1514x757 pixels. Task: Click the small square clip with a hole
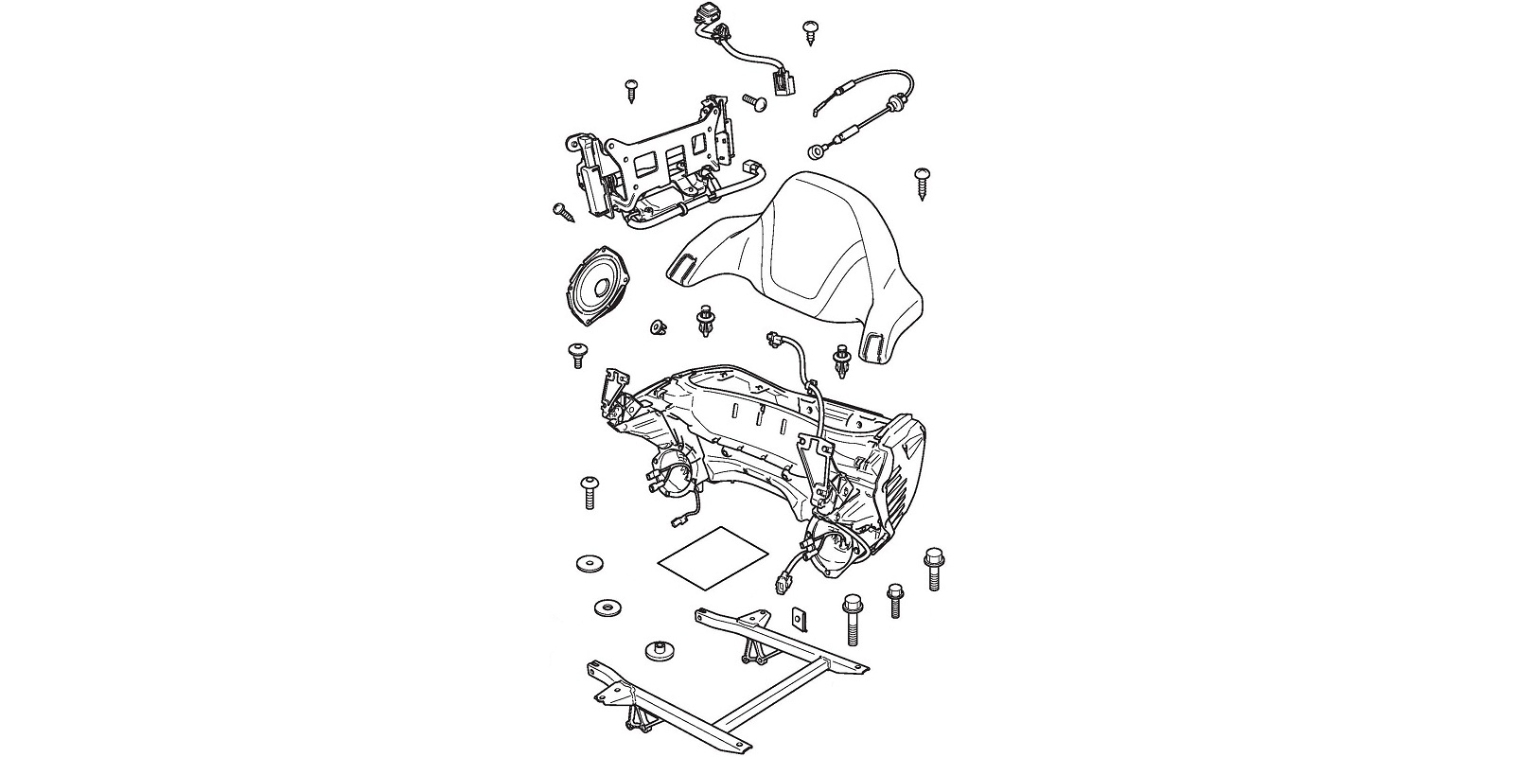tap(801, 620)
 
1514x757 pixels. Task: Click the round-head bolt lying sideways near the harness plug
tap(754, 99)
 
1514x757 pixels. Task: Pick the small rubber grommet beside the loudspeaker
tap(655, 327)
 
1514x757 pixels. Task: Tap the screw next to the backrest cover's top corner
tap(923, 181)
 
